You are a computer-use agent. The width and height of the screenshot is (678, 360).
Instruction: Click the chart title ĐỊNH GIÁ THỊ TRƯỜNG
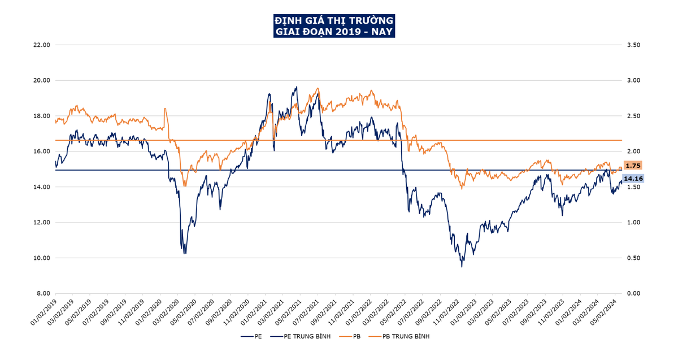334,20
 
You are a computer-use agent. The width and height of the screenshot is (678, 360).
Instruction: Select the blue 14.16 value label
633,179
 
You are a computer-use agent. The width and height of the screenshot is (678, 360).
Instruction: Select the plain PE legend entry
257,336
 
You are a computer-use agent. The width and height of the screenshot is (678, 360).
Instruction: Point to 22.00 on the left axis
42,45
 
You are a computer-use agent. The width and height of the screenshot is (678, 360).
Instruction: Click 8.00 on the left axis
44,293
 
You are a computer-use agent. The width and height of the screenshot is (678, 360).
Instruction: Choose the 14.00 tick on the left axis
42,187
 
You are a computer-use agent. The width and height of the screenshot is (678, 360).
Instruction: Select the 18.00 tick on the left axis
42,116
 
